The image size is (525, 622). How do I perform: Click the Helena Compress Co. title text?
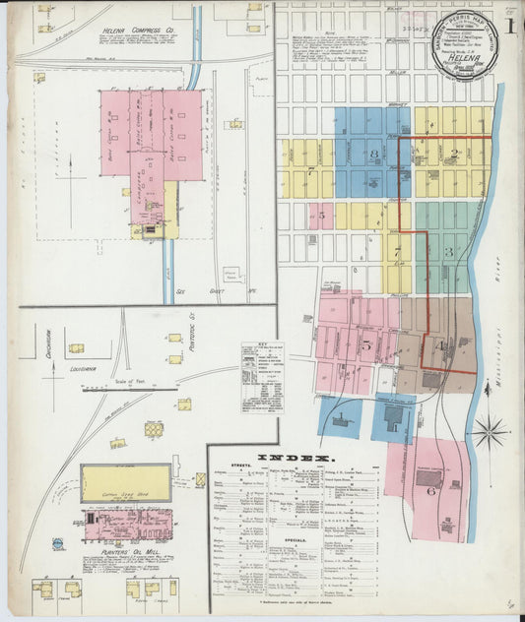tap(137, 31)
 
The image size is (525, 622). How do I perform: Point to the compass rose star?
tap(490, 430)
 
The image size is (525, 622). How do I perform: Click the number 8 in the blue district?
tap(373, 155)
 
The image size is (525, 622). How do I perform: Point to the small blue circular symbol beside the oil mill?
tap(58, 543)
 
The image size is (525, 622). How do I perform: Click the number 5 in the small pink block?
tap(321, 214)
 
